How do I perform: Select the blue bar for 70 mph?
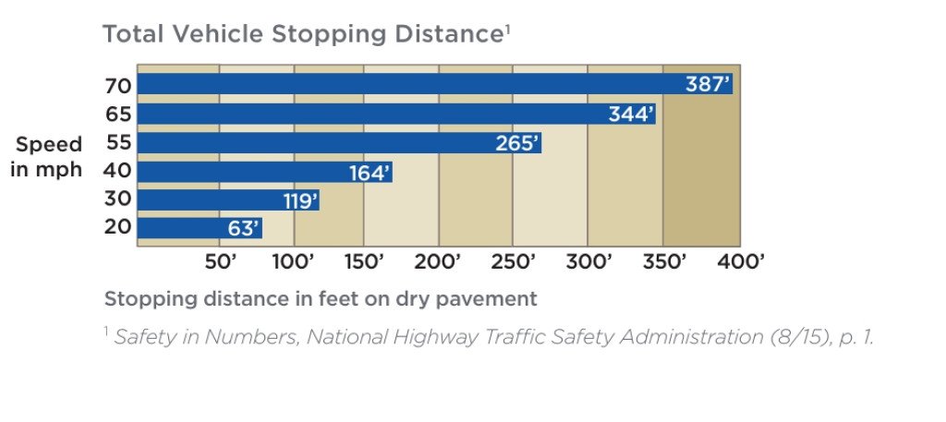point(434,85)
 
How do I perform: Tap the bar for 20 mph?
point(199,228)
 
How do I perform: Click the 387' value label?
point(708,85)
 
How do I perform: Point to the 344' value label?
point(631,115)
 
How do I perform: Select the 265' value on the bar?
point(516,144)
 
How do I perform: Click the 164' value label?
point(370,173)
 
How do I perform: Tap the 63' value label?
point(243,228)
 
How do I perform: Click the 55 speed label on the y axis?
point(118,143)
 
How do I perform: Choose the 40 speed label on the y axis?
point(118,172)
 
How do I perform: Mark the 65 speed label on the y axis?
point(118,115)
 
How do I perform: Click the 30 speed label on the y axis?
point(118,199)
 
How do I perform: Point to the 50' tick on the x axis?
point(221,262)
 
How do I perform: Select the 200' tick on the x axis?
point(438,262)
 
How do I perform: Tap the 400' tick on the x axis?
point(740,262)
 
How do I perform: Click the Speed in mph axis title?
point(47,157)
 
